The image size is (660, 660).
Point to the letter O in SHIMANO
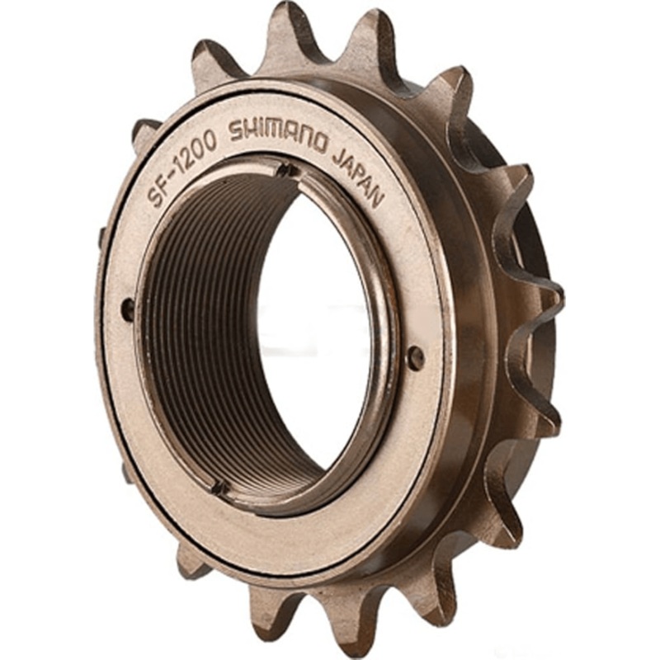322,139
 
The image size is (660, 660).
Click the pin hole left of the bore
128,309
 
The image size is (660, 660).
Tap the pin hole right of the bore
417,357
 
